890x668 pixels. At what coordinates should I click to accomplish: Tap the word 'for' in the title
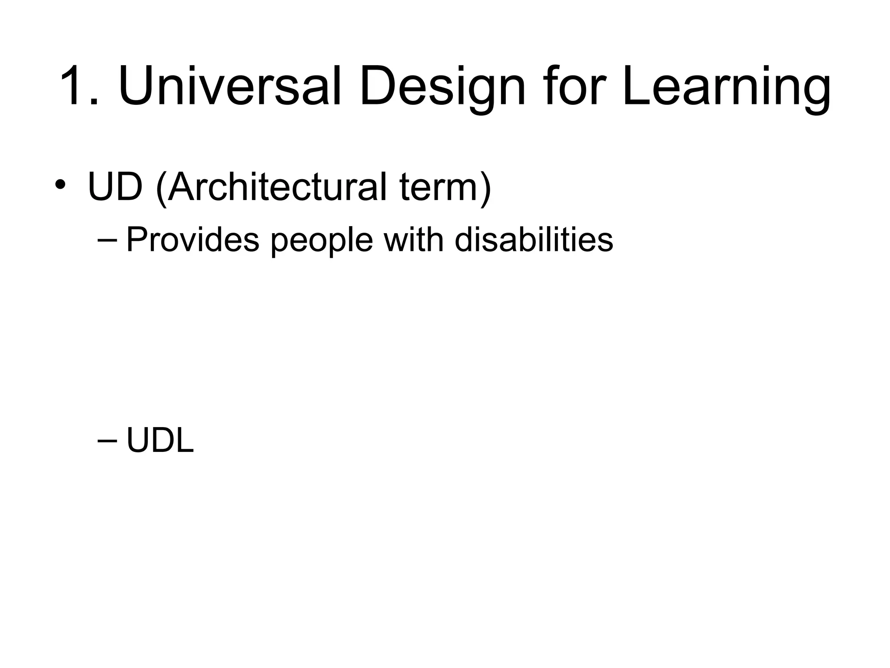point(571,86)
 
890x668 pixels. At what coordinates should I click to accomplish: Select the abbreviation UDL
point(160,441)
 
